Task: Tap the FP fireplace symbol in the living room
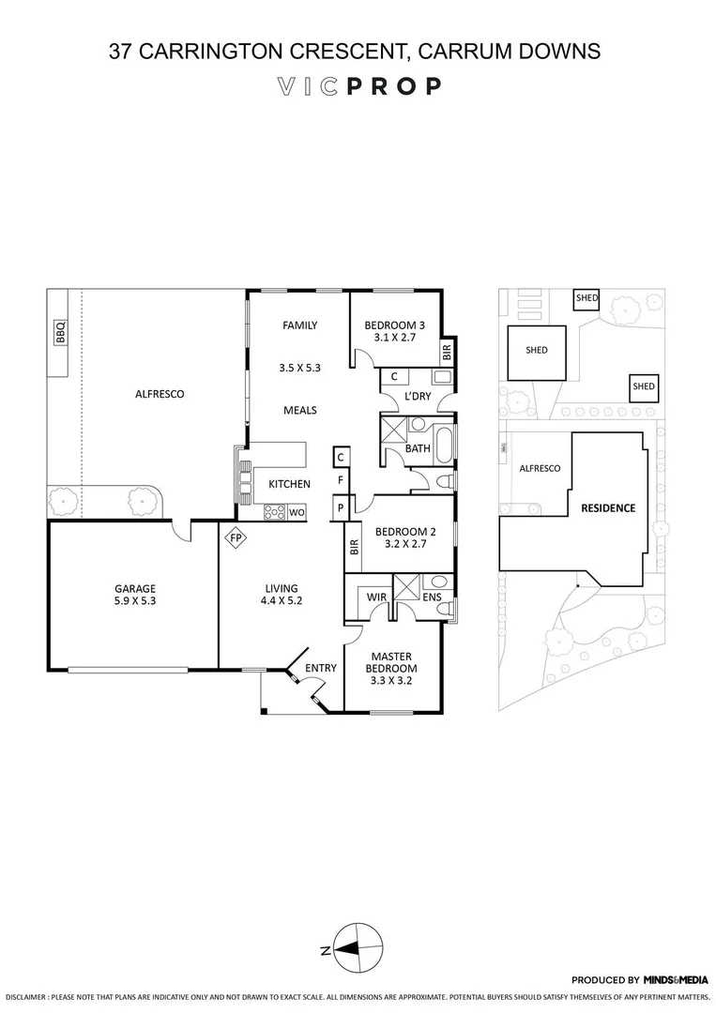coord(235,539)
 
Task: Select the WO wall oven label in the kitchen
coord(297,512)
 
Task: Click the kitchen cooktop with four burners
coord(275,512)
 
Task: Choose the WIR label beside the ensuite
coord(378,596)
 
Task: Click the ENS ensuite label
coord(432,596)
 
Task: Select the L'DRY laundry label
coord(418,398)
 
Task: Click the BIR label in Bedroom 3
coord(447,352)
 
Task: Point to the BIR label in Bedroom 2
coord(354,548)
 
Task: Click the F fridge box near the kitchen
coord(342,481)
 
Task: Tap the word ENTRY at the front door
coord(321,668)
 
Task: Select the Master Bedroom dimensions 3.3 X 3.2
coord(392,682)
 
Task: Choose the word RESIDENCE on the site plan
coord(608,508)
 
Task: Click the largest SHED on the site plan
coord(537,351)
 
